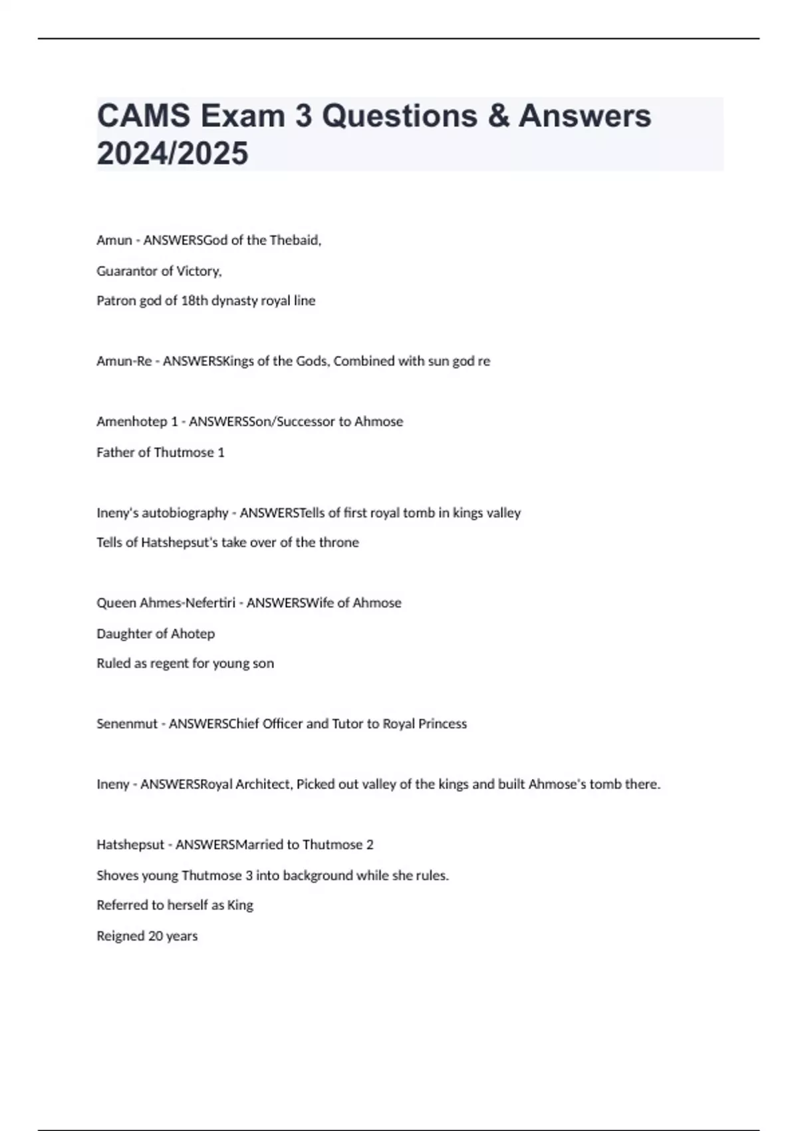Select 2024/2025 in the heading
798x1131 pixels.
click(x=172, y=153)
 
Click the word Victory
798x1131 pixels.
click(x=199, y=271)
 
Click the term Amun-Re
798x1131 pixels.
click(x=124, y=361)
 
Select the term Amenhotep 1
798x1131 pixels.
click(x=139, y=422)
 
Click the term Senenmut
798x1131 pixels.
click(x=126, y=724)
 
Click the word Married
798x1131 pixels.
click(x=260, y=845)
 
